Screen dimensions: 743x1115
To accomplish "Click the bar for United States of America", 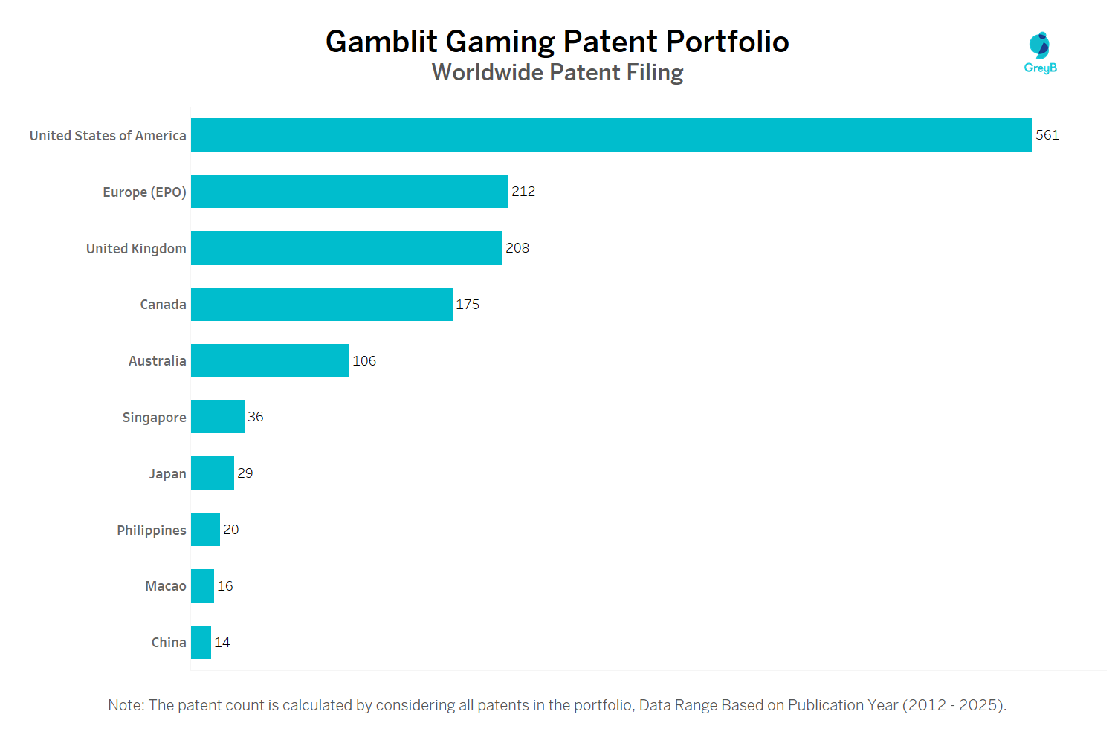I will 611,134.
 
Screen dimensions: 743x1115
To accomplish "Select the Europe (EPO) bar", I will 349,191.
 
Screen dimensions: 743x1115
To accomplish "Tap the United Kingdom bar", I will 346,247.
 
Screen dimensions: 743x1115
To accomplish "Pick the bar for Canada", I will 321,304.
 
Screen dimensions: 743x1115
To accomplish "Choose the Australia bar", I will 270,360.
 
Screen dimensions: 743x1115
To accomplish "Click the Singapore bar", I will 217,416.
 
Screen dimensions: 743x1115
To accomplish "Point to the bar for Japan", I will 212,473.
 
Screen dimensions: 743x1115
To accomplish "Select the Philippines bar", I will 205,529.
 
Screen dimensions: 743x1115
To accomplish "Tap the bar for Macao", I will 202,585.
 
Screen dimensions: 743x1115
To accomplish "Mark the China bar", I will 201,642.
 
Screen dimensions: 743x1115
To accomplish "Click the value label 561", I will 1047,134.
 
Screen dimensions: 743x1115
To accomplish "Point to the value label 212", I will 523,191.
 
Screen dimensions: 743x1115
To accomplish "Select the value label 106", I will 364,360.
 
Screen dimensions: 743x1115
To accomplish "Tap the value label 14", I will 222,642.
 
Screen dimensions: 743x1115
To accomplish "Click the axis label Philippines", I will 152,530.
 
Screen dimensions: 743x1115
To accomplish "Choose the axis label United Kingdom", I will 136,248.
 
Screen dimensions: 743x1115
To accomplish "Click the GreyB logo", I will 1040,53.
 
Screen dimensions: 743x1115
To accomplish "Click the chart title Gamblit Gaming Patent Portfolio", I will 557,42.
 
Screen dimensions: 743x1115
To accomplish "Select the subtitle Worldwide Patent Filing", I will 557,72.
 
